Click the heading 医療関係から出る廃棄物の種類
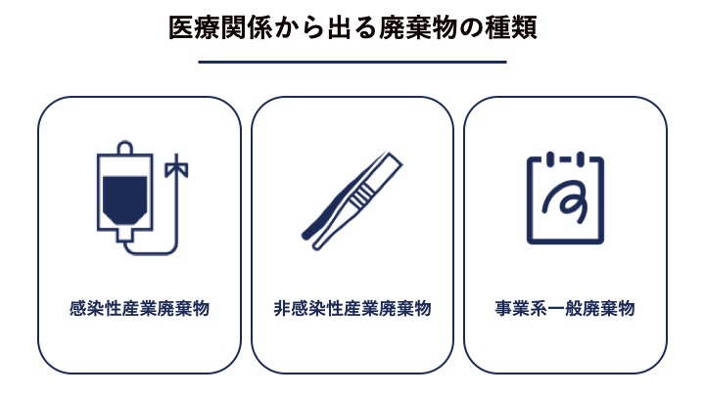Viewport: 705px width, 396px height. click(352, 27)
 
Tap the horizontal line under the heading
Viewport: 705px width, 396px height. click(352, 62)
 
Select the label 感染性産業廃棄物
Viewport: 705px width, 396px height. click(139, 308)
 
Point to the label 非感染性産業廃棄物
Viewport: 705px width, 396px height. click(352, 308)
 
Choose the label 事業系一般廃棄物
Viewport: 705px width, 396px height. click(565, 308)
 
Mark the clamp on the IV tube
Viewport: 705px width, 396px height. click(176, 168)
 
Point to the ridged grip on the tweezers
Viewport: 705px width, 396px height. click(360, 196)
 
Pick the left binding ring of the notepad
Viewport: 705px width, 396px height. click(550, 158)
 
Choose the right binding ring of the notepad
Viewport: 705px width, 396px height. click(580, 158)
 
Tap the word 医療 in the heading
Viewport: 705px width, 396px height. click(194, 27)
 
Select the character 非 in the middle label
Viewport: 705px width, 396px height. click(282, 308)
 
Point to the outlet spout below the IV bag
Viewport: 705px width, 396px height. click(125, 236)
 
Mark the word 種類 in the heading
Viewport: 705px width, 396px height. click(511, 27)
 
